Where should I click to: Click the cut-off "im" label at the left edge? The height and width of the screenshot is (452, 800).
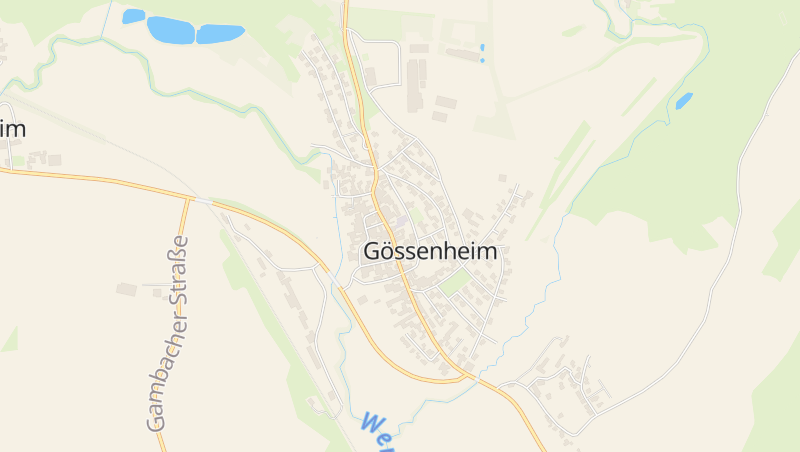[x=12, y=129]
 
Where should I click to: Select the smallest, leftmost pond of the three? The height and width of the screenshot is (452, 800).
[x=133, y=16]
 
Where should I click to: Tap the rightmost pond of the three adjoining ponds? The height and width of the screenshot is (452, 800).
[x=219, y=34]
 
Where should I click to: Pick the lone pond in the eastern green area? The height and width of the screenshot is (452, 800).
[x=684, y=100]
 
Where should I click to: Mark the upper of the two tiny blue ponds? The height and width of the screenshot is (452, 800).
[x=481, y=47]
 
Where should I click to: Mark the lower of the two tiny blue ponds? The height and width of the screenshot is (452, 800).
[x=482, y=60]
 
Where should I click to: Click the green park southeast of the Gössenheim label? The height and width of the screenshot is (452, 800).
[x=455, y=283]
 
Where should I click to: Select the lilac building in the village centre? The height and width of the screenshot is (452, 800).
[x=401, y=221]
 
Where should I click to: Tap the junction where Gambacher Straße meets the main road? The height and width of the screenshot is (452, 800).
[x=187, y=197]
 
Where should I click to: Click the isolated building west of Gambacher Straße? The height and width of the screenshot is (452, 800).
[x=126, y=289]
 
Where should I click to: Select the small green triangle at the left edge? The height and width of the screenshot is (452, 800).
[x=10, y=340]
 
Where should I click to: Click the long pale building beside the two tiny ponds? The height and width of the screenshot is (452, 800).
[x=462, y=54]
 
